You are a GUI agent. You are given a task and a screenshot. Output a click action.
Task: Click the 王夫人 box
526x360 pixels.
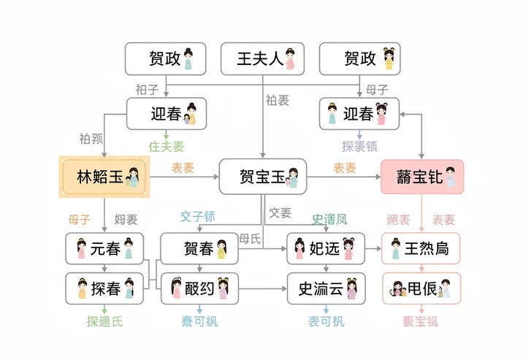click(x=262, y=58)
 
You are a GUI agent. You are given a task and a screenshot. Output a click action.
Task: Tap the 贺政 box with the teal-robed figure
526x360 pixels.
click(x=165, y=58)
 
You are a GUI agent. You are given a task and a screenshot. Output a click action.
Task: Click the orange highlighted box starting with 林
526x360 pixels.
click(x=103, y=177)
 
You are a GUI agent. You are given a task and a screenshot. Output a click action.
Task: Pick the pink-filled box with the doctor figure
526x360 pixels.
click(x=422, y=177)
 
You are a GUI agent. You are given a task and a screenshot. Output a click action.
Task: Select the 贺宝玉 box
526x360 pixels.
click(x=262, y=177)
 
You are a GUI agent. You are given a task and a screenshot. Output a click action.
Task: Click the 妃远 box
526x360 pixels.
click(x=325, y=249)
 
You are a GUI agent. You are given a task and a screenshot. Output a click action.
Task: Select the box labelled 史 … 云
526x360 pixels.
click(x=325, y=288)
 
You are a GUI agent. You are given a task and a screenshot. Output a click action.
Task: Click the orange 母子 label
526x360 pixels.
click(x=80, y=218)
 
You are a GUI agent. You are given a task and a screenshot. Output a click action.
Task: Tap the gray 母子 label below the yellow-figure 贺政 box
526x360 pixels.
click(x=376, y=90)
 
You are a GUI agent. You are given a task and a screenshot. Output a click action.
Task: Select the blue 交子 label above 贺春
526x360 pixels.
click(x=198, y=217)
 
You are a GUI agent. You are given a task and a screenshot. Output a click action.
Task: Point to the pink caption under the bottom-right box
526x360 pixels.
click(x=422, y=321)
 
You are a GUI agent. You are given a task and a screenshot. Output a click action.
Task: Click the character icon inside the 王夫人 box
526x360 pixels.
click(x=291, y=58)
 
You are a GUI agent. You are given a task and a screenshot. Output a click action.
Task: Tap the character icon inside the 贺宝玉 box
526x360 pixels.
click(x=292, y=177)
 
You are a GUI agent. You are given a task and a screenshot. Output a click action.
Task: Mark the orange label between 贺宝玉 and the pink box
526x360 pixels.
click(x=345, y=168)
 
